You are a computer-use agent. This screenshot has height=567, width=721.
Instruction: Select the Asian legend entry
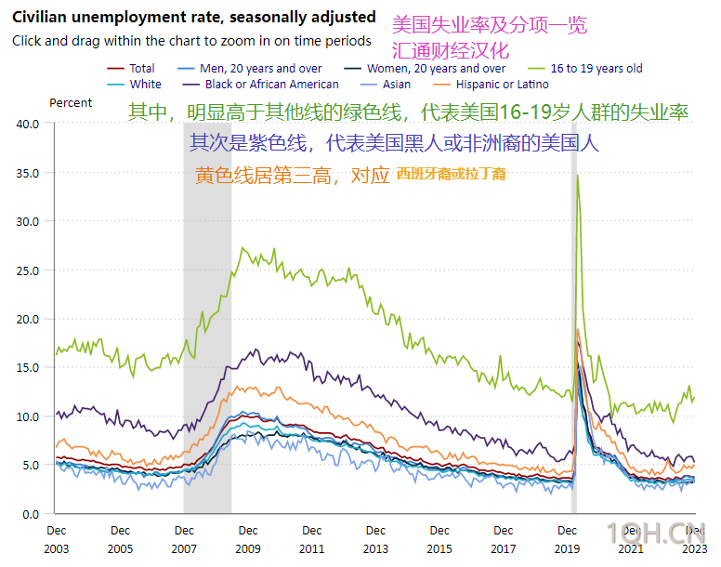pyautogui.click(x=396, y=84)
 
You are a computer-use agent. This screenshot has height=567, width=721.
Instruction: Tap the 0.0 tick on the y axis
pyautogui.click(x=31, y=514)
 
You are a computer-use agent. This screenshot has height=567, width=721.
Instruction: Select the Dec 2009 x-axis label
pyautogui.click(x=248, y=539)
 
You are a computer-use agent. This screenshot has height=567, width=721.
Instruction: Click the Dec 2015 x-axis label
pyautogui.click(x=439, y=539)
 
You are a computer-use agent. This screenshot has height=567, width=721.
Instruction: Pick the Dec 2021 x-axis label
pyautogui.click(x=631, y=539)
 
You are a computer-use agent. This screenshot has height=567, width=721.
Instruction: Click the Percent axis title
pyautogui.click(x=71, y=103)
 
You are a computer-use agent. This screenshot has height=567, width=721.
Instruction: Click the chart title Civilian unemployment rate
pyautogui.click(x=194, y=18)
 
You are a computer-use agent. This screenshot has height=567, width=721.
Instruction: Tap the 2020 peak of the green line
pyautogui.click(x=578, y=175)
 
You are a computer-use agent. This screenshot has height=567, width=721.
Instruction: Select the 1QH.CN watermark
pyautogui.click(x=661, y=534)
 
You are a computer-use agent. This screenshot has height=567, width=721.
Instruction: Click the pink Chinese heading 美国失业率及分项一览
pyautogui.click(x=490, y=25)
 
